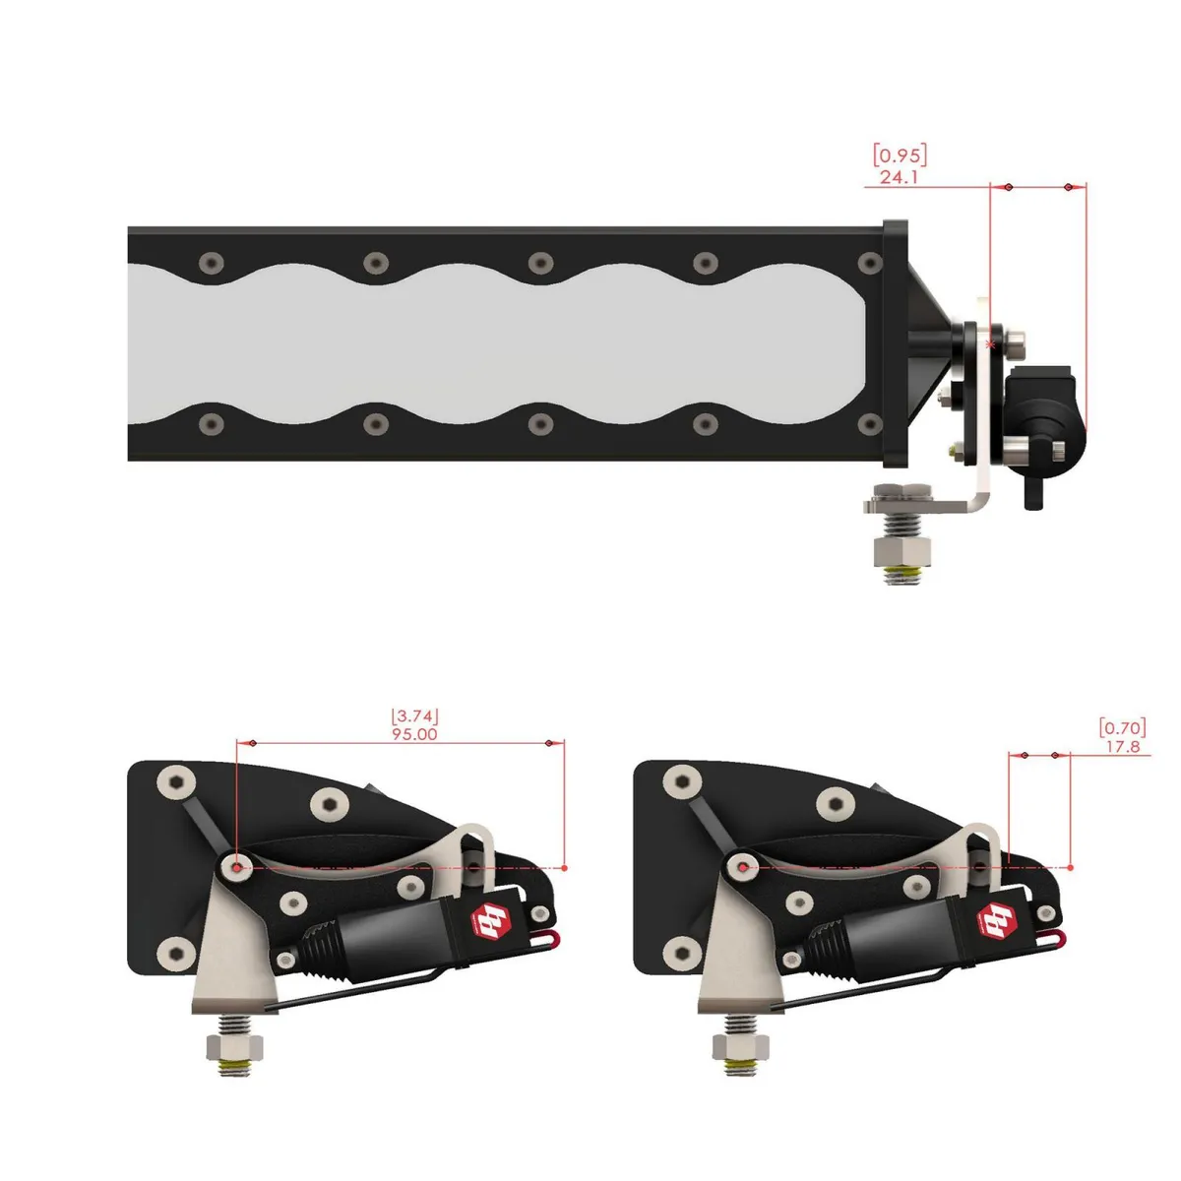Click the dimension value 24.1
[x=899, y=178]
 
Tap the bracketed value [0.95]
[x=900, y=155]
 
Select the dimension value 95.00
[x=414, y=734]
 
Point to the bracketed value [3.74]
[x=414, y=715]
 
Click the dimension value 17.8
[x=1122, y=747]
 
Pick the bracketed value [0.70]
[x=1122, y=727]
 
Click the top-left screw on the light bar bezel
[x=210, y=263]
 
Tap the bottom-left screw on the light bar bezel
[x=210, y=424]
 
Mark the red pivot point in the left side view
[x=237, y=867]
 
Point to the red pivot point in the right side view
[x=743, y=867]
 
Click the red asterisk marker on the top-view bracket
[x=990, y=345]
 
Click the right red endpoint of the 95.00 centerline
[x=565, y=867]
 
